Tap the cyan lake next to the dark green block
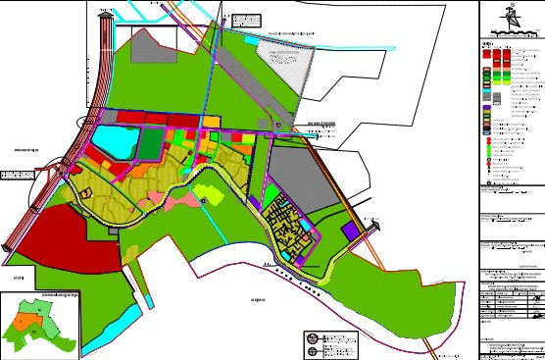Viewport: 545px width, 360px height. tap(115, 143)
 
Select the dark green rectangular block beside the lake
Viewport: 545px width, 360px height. tap(149, 143)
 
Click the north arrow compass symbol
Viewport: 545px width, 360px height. tap(510, 17)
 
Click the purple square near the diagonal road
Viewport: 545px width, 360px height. tap(351, 231)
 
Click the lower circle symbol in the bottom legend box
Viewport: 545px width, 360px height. tap(313, 350)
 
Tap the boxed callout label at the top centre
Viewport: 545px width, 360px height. tap(248, 20)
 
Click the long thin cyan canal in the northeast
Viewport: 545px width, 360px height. tap(333, 46)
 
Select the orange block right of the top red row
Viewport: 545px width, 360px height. tap(211, 120)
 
